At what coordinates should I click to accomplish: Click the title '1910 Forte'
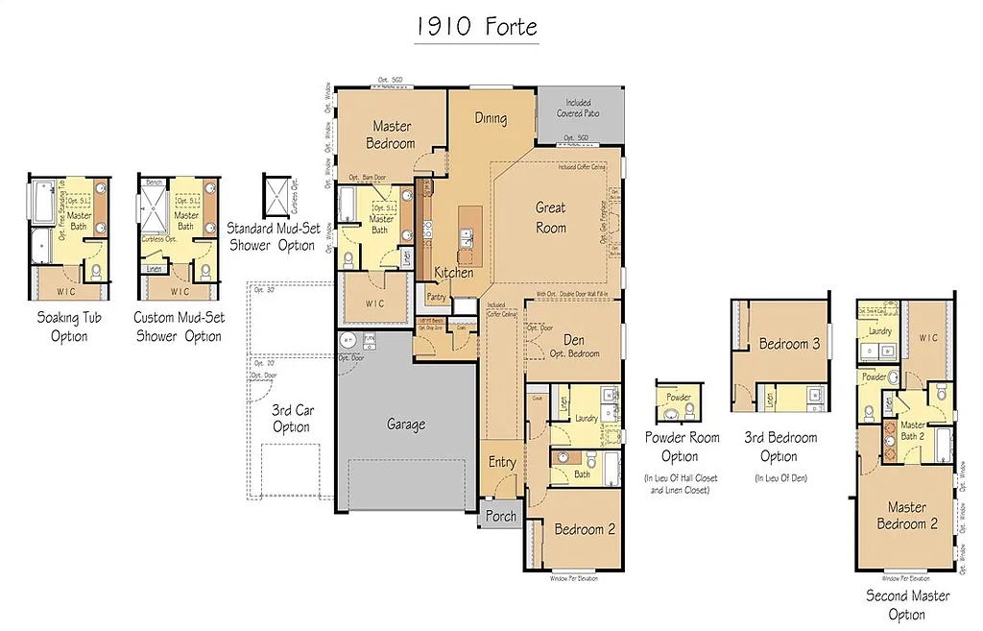point(476,26)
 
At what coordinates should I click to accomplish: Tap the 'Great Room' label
point(550,218)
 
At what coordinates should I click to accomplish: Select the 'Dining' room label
point(491,118)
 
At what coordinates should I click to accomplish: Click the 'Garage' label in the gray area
point(406,424)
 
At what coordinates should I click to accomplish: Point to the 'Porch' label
point(500,516)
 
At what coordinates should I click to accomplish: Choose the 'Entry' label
point(502,462)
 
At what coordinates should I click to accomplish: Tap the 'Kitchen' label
point(453,273)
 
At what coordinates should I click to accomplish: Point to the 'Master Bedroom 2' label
point(906,516)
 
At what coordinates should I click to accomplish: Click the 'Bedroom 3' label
point(789,344)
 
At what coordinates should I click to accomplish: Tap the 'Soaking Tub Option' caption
point(69,327)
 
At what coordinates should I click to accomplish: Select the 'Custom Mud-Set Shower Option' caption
point(179,327)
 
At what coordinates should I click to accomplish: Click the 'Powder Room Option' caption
point(680,447)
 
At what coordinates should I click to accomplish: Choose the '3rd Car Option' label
point(291,418)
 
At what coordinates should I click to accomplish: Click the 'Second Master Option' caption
point(907,604)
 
